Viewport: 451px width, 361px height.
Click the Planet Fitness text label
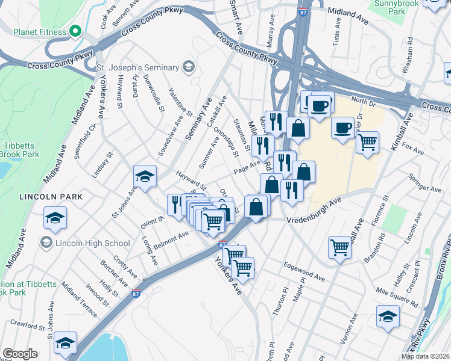(x=33, y=32)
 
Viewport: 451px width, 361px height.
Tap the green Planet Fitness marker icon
(x=75, y=31)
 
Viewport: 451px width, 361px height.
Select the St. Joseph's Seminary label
(x=138, y=67)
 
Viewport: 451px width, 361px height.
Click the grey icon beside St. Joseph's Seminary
(x=188, y=67)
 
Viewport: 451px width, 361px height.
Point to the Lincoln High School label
(x=91, y=243)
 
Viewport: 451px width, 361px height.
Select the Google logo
(x=20, y=354)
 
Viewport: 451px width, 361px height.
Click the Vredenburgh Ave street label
(x=314, y=211)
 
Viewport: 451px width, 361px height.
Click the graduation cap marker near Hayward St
(x=145, y=176)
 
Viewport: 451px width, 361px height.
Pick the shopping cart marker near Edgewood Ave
(x=340, y=247)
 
